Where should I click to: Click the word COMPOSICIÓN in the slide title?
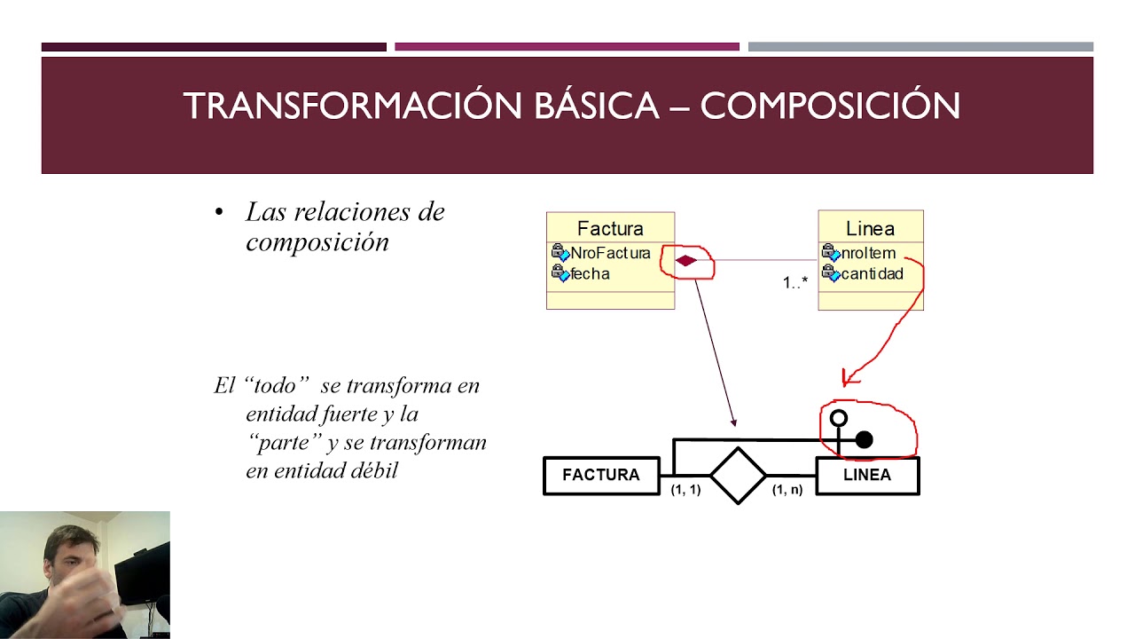830,106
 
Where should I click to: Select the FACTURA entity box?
601,476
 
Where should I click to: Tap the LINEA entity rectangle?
867,476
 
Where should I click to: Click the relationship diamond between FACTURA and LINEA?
738,476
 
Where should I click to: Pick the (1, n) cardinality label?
787,490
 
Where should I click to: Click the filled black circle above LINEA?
864,439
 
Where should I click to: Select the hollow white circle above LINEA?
838,417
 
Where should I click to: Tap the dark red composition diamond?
686,260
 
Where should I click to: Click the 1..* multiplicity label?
795,283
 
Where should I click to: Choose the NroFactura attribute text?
610,254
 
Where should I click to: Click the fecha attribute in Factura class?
590,274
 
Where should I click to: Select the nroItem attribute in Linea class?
868,254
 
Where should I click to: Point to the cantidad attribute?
872,274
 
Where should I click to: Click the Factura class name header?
610,229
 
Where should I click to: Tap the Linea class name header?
870,229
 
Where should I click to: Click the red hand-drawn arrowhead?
849,378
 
